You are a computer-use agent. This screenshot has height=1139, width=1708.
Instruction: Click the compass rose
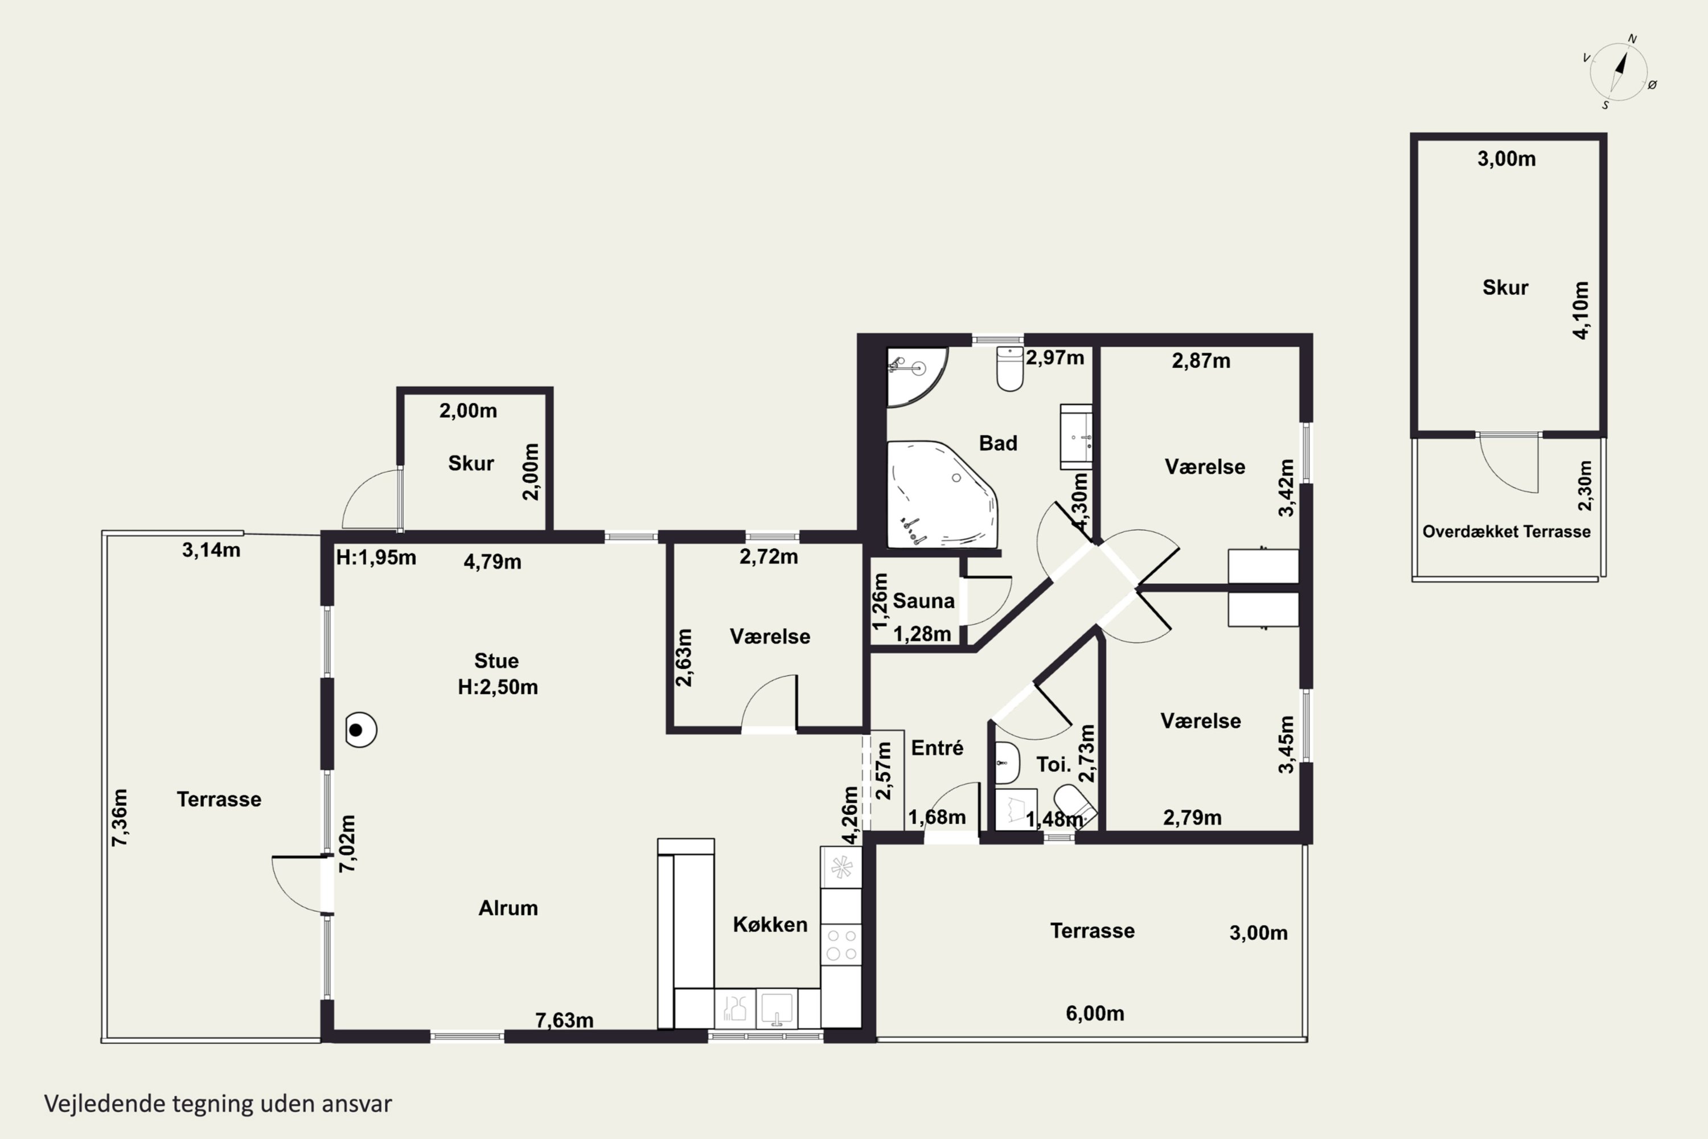[1619, 72]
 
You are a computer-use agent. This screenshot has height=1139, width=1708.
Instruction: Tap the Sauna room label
[923, 601]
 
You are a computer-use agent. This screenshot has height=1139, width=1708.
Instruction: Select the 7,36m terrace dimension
[120, 817]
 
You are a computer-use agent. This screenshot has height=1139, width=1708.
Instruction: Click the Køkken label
[770, 925]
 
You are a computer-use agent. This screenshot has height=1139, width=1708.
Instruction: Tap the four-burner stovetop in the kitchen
[841, 944]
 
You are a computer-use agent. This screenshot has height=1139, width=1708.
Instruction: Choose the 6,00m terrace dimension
[1095, 1013]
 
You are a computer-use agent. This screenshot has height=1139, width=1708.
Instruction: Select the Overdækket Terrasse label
[1506, 532]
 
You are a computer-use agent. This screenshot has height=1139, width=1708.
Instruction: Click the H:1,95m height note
[375, 558]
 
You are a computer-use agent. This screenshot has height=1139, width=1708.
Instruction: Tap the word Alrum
[508, 908]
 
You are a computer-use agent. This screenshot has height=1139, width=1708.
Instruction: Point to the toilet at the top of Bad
[1010, 368]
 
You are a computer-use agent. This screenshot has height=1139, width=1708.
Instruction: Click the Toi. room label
[1053, 764]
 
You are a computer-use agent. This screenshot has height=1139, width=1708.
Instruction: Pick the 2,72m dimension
[768, 557]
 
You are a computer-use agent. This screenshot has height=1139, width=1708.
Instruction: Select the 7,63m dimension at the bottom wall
[564, 1021]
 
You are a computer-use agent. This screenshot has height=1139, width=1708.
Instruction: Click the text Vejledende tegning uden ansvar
[218, 1104]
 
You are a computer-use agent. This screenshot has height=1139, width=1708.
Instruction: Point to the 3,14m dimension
[211, 550]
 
